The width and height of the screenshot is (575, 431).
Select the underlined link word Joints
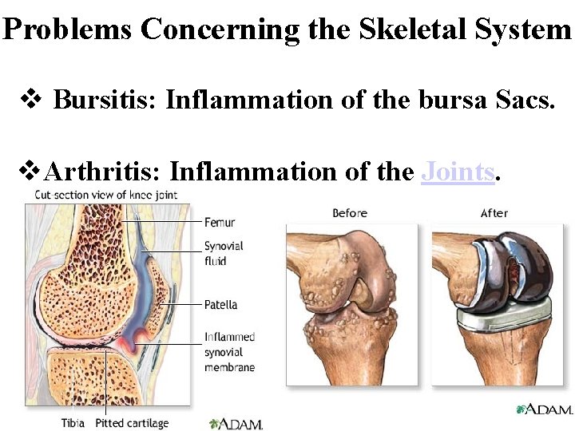click(458, 172)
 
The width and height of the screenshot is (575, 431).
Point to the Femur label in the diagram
click(220, 222)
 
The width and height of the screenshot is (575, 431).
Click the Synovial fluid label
click(224, 254)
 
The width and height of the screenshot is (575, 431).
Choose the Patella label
click(220, 305)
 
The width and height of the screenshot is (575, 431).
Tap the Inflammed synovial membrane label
click(229, 351)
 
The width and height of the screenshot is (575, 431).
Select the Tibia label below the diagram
click(74, 422)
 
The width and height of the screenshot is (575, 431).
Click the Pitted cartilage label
click(132, 422)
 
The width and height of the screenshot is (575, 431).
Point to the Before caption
click(350, 213)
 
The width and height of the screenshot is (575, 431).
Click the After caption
click(494, 213)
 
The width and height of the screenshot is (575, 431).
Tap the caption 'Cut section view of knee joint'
click(105, 195)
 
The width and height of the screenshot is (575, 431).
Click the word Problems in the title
click(67, 30)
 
